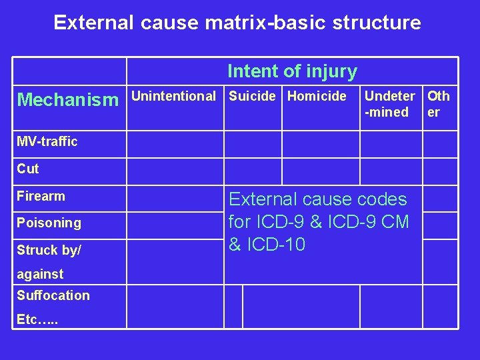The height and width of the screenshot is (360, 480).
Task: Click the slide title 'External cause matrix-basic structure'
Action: [237, 23]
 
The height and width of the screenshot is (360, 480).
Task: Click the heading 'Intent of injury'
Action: [292, 71]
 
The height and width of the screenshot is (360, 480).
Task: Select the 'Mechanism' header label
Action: [67, 100]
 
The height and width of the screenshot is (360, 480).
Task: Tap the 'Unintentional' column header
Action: [173, 96]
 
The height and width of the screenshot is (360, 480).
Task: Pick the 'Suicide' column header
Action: [252, 96]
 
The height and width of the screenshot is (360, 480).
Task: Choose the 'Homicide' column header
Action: [317, 96]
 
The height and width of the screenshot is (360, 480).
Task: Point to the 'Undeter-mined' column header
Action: [389, 104]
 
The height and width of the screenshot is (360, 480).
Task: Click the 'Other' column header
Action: [438, 104]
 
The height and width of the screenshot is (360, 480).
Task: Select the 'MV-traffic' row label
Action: [47, 141]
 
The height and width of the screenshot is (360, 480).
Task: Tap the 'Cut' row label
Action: [28, 169]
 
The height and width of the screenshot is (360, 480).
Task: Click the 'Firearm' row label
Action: [41, 196]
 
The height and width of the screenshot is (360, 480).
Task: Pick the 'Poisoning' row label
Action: [49, 223]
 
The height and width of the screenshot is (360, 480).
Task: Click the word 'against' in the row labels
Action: [40, 274]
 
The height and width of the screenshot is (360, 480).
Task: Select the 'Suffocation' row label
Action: [53, 295]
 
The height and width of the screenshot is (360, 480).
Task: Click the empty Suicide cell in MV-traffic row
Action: [253, 144]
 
